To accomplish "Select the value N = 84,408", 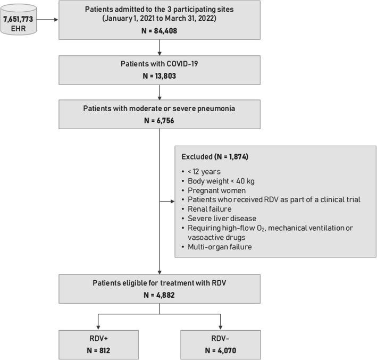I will point(160,31).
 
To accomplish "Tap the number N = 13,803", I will point(160,76).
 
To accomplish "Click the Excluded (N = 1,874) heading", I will point(215,157).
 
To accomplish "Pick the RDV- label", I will point(221,338).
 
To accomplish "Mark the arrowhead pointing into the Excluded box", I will point(172,202).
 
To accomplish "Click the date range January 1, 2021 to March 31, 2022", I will point(160,20).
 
